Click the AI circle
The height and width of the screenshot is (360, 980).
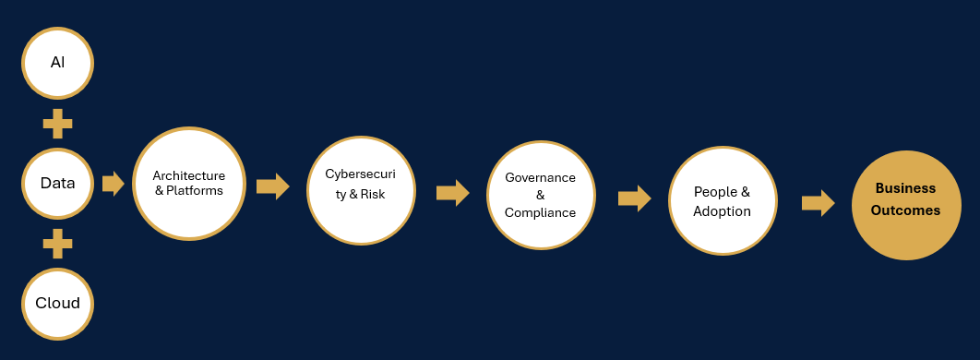click(57, 63)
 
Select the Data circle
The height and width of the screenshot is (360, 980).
click(57, 183)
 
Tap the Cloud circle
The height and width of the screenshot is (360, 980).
click(57, 304)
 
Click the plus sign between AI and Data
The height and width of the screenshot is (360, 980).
click(57, 124)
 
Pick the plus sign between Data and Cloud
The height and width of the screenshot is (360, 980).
click(57, 244)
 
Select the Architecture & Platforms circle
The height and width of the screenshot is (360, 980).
click(189, 183)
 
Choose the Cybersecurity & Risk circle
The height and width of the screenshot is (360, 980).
click(361, 191)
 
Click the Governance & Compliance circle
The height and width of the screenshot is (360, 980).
click(541, 195)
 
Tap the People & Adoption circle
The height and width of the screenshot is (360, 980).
click(723, 200)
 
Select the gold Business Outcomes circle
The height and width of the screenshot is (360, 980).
click(906, 205)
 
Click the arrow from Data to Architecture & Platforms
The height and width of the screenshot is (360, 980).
click(114, 183)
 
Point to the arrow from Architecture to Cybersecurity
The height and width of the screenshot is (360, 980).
click(273, 186)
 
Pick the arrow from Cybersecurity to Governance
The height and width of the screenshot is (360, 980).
click(452, 193)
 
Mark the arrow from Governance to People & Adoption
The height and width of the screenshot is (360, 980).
click(634, 198)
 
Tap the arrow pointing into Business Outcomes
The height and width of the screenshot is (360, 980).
click(819, 203)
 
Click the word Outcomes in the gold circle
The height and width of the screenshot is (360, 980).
click(905, 210)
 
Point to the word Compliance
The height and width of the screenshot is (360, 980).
click(540, 213)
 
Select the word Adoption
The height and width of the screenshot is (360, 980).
click(722, 211)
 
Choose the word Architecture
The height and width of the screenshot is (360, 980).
click(189, 175)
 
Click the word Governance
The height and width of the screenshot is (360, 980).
click(540, 177)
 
